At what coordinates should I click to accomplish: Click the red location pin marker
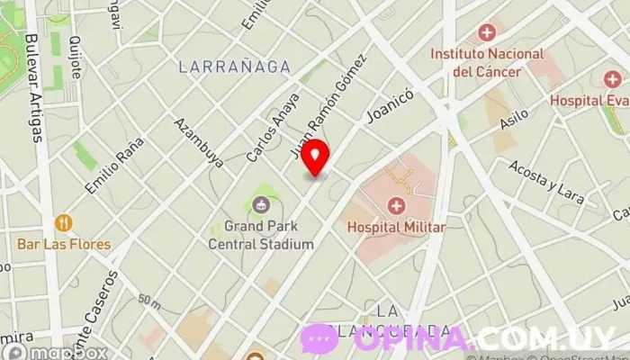(315, 157)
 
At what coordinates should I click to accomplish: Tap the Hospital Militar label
(396, 228)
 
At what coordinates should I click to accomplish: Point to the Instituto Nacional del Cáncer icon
(487, 33)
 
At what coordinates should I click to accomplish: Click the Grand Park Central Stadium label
(261, 236)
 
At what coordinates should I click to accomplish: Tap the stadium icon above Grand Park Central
(262, 203)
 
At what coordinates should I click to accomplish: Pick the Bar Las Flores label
(64, 244)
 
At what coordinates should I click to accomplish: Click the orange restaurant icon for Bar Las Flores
(64, 222)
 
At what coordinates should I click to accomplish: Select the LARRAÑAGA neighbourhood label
(234, 67)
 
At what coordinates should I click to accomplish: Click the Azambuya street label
(199, 144)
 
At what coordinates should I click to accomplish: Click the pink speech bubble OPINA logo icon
(320, 339)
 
